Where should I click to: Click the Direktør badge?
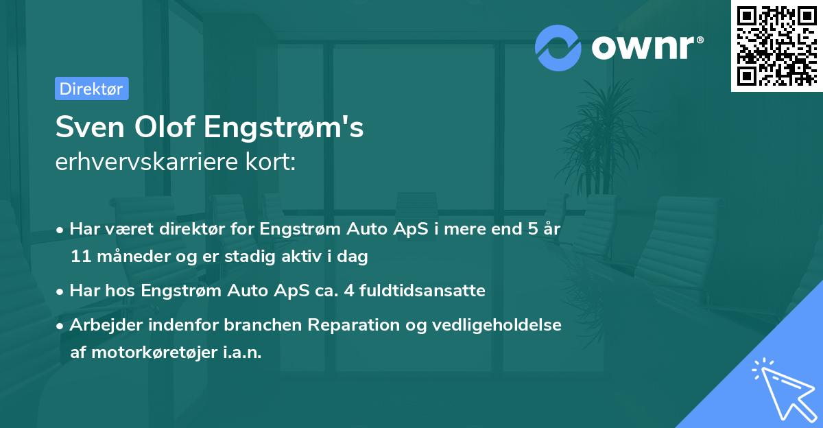pos(91,89)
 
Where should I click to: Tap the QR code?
pos(776,46)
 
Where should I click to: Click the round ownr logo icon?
pos(558,47)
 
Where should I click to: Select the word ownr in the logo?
pos(647,47)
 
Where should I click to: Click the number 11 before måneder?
pos(80,257)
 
